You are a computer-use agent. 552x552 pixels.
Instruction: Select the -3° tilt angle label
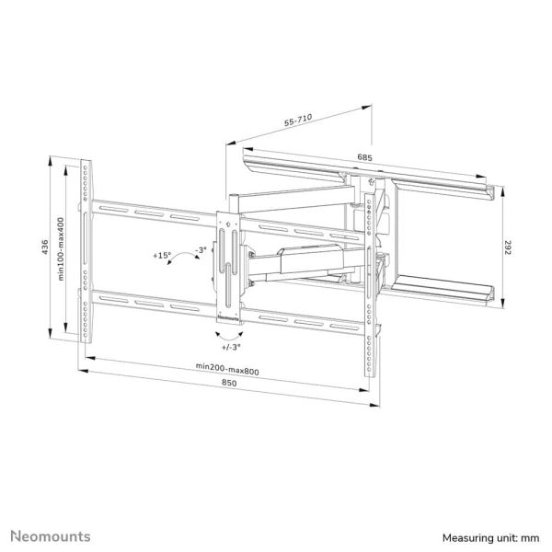tap(201, 248)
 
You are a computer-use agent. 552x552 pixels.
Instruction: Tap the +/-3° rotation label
tap(231, 348)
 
